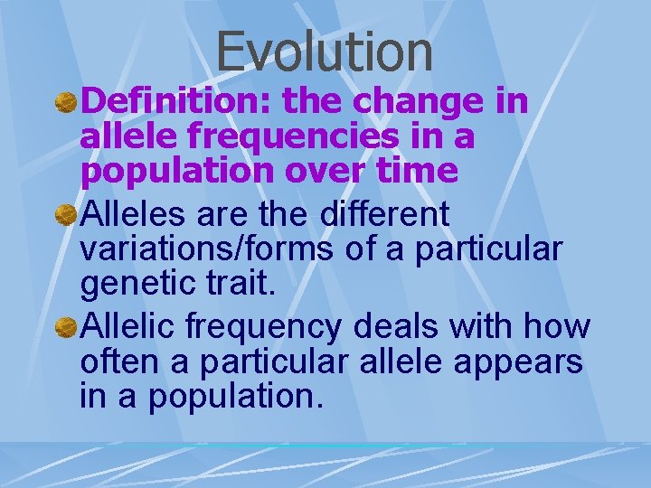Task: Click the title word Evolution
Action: pos(325,51)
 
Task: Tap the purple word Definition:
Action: pos(176,102)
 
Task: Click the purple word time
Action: pos(417,171)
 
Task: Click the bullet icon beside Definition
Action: pos(65,103)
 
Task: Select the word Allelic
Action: pos(130,326)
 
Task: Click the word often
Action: pos(118,361)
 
